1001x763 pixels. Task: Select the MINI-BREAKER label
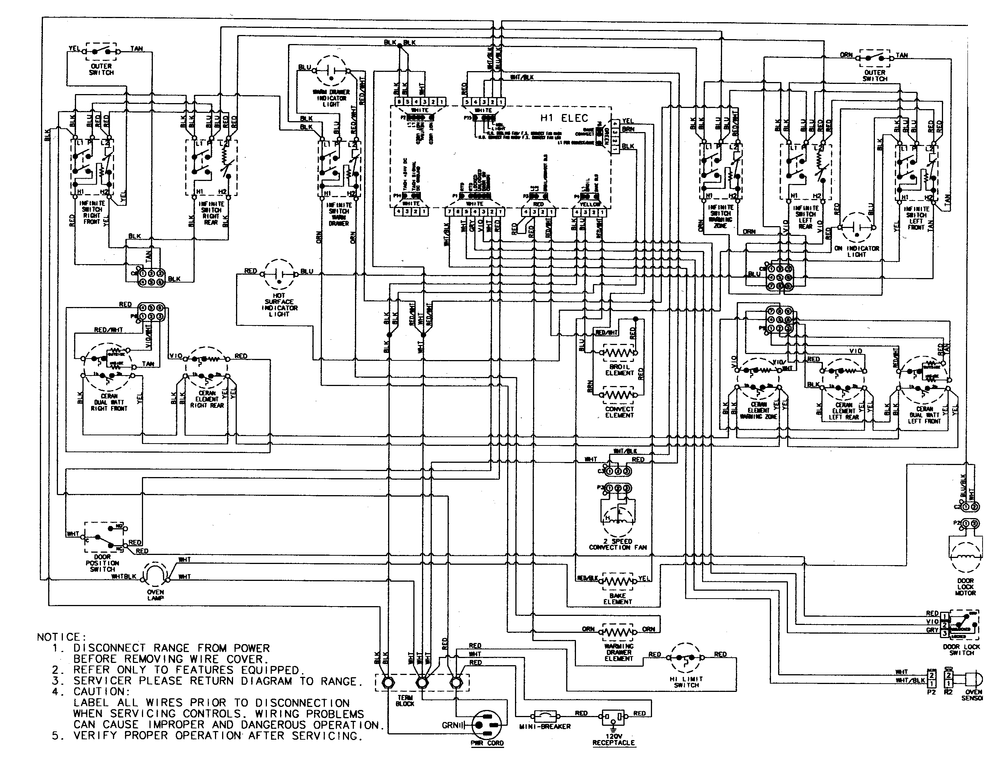coord(544,727)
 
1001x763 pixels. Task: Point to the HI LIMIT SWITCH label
coord(686,682)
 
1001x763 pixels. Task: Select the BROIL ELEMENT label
coord(619,370)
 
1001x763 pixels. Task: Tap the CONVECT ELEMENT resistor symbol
coord(619,395)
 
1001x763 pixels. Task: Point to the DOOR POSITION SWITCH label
coord(102,563)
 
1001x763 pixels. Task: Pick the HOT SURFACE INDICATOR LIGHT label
coord(279,305)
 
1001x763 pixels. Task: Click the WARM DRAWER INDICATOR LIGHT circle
coord(332,70)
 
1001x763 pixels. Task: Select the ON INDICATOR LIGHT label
coord(856,252)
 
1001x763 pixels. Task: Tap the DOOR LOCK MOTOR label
coord(966,587)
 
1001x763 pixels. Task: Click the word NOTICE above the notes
coord(59,637)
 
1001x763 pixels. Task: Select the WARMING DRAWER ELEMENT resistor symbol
coord(618,632)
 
